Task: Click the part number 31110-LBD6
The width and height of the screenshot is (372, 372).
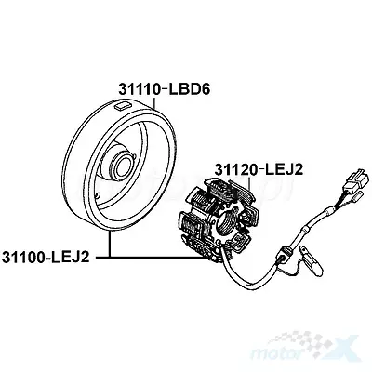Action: pyautogui.click(x=165, y=89)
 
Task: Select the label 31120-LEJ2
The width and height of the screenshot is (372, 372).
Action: pyautogui.click(x=259, y=170)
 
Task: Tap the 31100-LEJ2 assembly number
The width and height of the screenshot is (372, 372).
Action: pyautogui.click(x=46, y=258)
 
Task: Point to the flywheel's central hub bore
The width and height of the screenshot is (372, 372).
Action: pyautogui.click(x=124, y=165)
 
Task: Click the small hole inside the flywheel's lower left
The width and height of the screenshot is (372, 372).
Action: pyautogui.click(x=98, y=195)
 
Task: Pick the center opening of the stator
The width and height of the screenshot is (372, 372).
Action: pyautogui.click(x=228, y=221)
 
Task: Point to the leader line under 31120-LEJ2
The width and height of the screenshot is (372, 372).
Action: pyautogui.click(x=249, y=182)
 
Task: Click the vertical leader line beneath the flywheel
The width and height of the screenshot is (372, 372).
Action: pyautogui.click(x=109, y=245)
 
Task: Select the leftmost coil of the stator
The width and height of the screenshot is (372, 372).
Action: pyautogui.click(x=185, y=223)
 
